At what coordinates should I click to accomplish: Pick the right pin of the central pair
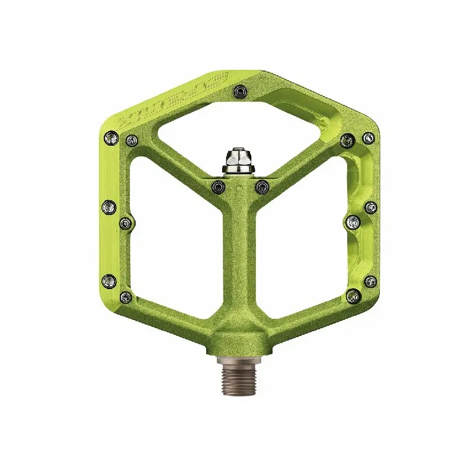tap(261, 187)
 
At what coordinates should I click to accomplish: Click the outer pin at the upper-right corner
tap(369, 137)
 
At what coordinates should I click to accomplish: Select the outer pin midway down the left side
tap(110, 206)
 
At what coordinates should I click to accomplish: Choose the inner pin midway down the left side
tap(126, 222)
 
